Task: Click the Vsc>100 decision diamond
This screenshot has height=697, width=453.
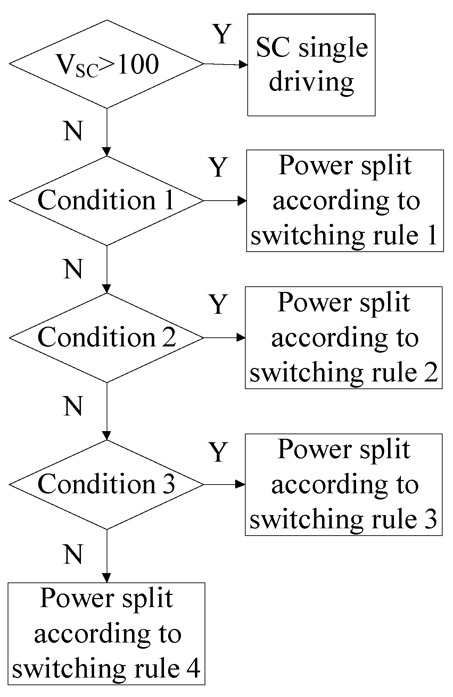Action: (x=106, y=64)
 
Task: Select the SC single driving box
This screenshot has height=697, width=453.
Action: (x=311, y=65)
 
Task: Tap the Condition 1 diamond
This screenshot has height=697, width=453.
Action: (x=106, y=201)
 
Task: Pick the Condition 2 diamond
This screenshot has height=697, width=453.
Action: (x=106, y=337)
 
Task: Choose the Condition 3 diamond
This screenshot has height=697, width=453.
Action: (x=106, y=485)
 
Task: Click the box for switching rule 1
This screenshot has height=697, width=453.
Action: (x=345, y=201)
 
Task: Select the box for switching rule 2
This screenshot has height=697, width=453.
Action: (x=344, y=337)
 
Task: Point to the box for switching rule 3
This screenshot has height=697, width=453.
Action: (x=344, y=485)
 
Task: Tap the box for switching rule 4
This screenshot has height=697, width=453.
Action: (x=106, y=634)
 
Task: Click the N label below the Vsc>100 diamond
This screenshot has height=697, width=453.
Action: (x=73, y=131)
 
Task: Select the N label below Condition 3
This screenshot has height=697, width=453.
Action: (x=73, y=554)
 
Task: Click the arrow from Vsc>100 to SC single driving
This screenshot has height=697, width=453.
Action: (x=225, y=64)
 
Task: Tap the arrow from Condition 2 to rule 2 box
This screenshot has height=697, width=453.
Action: (x=224, y=337)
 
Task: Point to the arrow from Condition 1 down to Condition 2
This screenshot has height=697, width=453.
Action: (x=107, y=269)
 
